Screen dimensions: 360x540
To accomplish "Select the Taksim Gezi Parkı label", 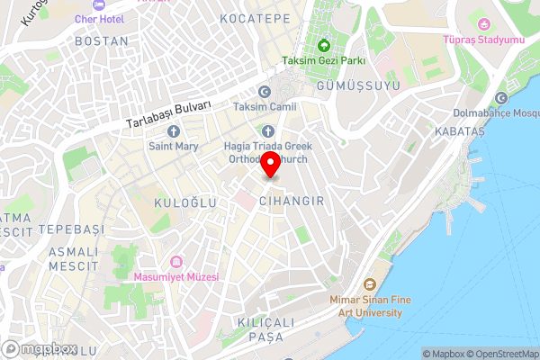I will tap(322, 61).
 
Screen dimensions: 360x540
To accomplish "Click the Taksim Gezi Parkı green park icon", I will tap(322, 46).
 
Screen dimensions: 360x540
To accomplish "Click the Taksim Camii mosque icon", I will tap(264, 92).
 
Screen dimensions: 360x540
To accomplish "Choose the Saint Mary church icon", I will tap(174, 131).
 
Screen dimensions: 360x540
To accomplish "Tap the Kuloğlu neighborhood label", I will tap(185, 202).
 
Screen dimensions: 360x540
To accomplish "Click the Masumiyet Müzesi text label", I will tap(176, 277).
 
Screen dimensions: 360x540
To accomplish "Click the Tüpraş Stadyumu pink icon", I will tap(484, 23).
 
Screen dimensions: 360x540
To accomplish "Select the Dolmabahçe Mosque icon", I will tap(501, 98).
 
